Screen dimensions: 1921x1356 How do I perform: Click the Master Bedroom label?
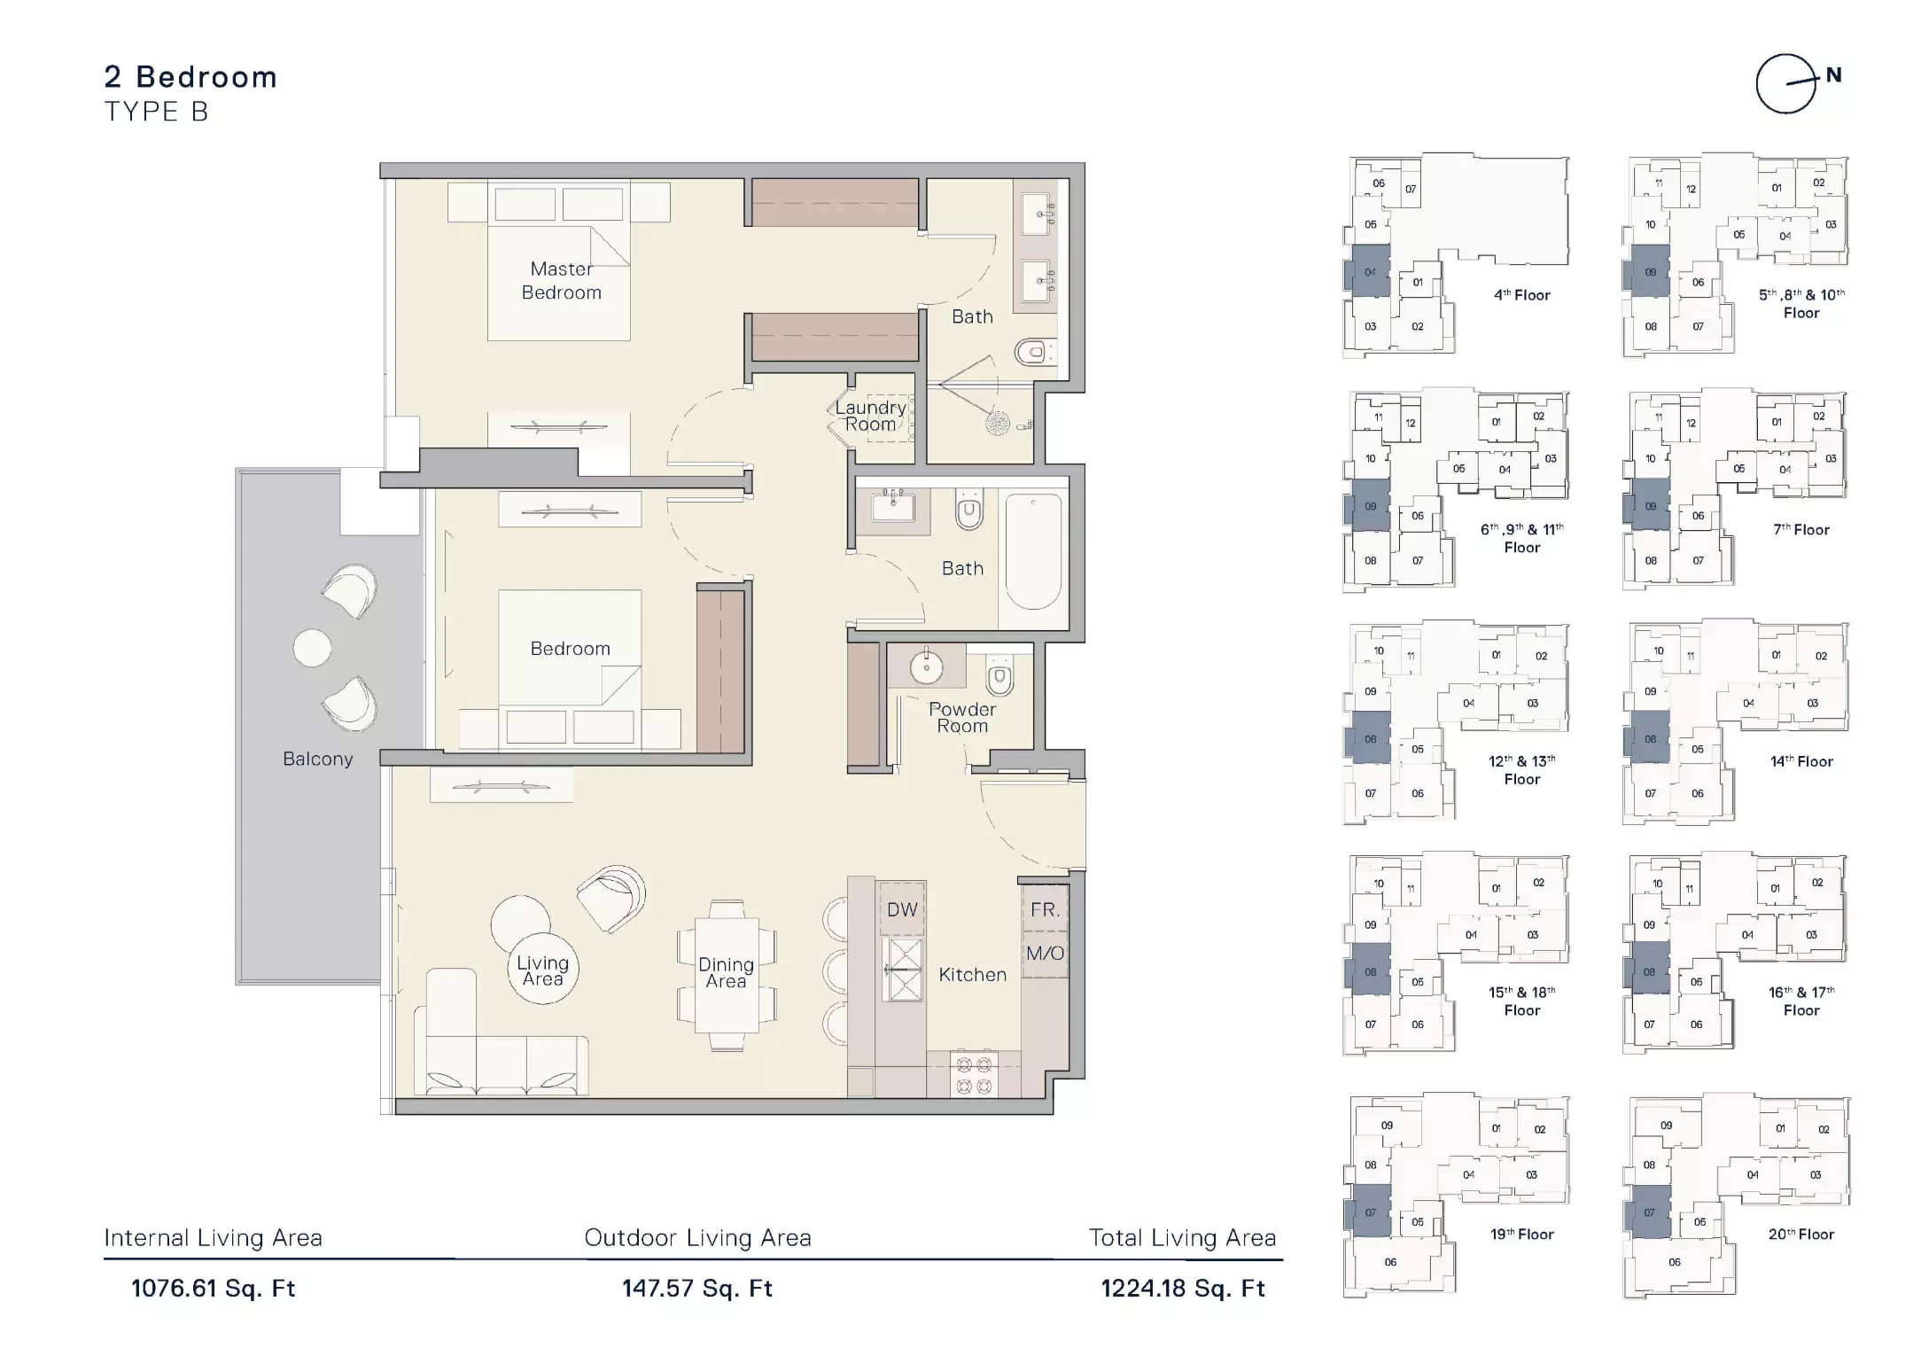point(562,281)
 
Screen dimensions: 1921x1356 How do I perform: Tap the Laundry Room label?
point(871,416)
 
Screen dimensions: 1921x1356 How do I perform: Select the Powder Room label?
point(962,717)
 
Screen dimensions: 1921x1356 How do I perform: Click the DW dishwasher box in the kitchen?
point(902,909)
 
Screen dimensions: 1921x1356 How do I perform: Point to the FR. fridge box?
point(1045,909)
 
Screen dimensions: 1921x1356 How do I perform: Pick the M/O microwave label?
point(1045,954)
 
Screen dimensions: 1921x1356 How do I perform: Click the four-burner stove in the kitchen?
point(974,1074)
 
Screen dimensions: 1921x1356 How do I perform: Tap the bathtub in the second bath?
point(1033,551)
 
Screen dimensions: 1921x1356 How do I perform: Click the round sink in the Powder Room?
point(927,666)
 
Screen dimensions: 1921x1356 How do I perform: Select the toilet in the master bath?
point(1035,354)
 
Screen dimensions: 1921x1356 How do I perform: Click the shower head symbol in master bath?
point(999,424)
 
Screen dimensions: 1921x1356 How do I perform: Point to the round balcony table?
point(312,648)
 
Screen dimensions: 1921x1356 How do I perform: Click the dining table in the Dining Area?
point(727,974)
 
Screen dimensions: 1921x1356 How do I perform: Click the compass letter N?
point(1833,76)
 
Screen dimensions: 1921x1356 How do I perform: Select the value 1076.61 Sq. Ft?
point(214,1288)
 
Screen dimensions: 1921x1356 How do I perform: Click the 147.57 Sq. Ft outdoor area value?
point(697,1288)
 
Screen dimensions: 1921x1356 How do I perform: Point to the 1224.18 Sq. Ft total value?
point(1183,1288)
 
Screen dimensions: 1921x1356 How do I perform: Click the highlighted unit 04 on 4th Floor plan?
point(1370,271)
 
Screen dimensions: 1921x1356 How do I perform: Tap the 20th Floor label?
point(1801,1234)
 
